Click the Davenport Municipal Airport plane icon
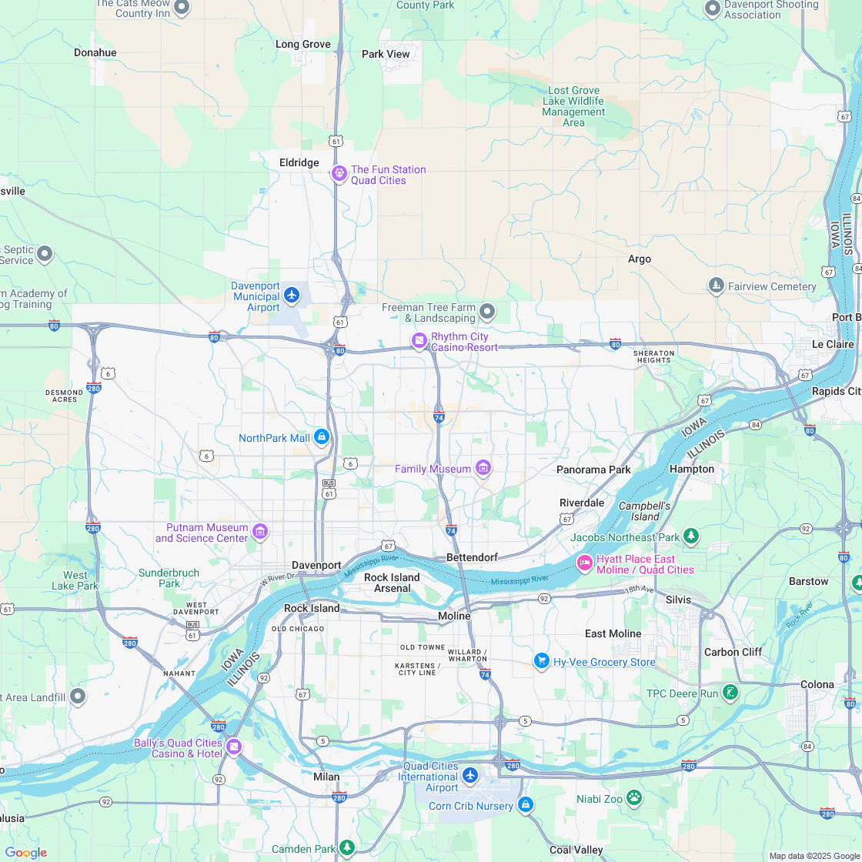[291, 295]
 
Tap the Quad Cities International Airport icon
[470, 774]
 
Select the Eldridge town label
[299, 162]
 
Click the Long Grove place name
[302, 44]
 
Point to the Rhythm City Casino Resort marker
[419, 340]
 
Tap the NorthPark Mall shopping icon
[322, 437]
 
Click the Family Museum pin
[483, 467]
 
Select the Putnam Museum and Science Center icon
[260, 531]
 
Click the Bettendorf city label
[472, 557]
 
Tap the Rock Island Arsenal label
[392, 583]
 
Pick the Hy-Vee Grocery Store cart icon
[542, 660]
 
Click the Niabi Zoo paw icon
[634, 797]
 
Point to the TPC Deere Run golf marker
[730, 692]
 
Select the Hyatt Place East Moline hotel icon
[585, 563]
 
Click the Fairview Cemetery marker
[717, 286]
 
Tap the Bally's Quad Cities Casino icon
[234, 746]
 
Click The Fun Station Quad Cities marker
[339, 173]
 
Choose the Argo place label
[639, 259]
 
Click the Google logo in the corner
[25, 852]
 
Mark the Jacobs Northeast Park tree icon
[691, 535]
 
